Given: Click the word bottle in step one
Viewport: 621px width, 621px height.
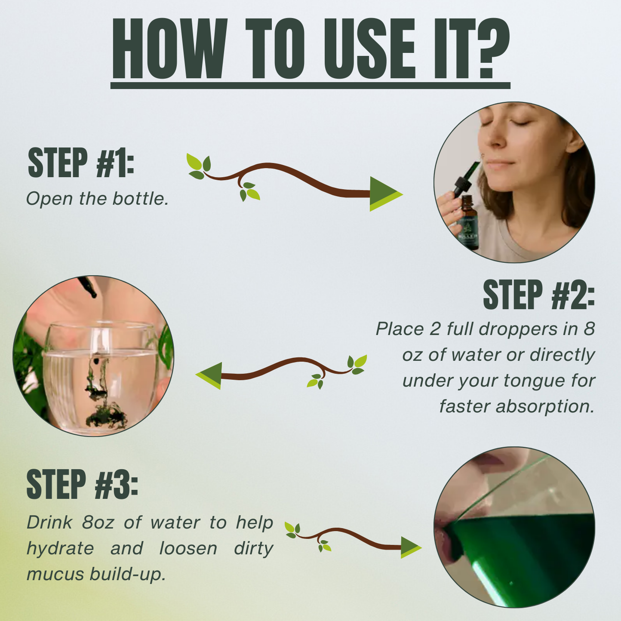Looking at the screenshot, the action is point(140,199).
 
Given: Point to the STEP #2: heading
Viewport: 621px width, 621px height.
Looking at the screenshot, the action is point(539,295).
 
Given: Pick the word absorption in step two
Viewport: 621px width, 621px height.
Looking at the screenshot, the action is point(544,407).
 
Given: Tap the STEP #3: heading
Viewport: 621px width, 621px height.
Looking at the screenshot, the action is point(82,484).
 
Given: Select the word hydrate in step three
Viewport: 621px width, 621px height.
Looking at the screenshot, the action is point(60,548).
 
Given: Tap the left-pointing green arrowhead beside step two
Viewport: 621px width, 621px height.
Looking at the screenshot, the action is point(209,376).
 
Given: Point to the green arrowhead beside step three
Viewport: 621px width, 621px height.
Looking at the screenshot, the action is point(411,547).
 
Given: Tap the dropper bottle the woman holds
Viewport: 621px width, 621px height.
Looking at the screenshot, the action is point(469,222).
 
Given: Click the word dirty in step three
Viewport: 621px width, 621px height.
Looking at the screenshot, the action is point(254,548).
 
